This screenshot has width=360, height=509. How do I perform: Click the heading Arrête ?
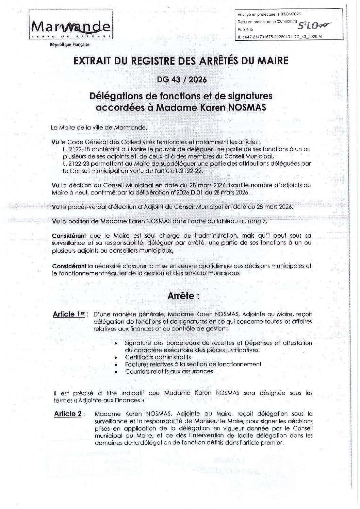tap(183, 296)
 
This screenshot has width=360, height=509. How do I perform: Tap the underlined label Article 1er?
tap(68, 314)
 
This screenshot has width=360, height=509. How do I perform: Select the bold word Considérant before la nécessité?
tap(69, 266)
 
